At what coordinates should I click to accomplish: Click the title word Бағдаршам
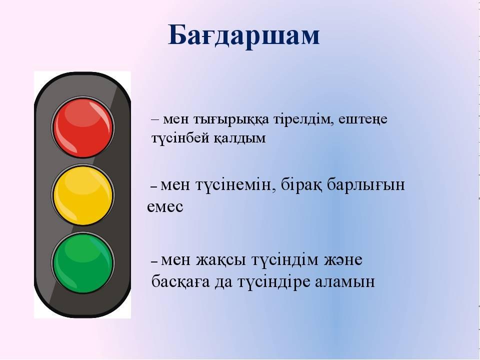[243, 36]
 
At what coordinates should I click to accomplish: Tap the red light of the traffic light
[83, 127]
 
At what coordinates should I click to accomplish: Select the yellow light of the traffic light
[83, 195]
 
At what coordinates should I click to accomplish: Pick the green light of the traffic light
[83, 263]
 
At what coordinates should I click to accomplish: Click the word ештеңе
[363, 119]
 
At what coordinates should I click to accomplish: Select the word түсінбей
[179, 138]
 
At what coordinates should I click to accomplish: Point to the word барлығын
[366, 185]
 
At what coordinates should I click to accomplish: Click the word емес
[165, 207]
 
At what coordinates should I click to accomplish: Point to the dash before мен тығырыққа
[155, 119]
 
